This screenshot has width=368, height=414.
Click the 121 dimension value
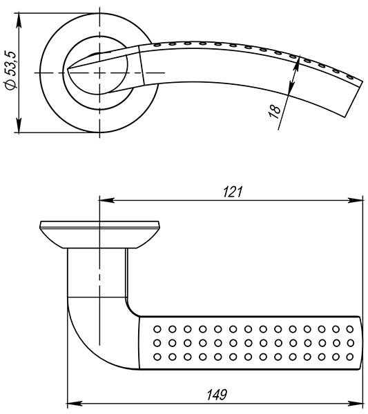[x=233, y=193]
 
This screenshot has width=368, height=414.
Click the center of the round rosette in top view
[x=99, y=72]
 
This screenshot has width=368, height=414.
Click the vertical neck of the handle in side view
[x=98, y=273]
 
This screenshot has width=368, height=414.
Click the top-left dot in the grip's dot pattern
[x=157, y=327]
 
